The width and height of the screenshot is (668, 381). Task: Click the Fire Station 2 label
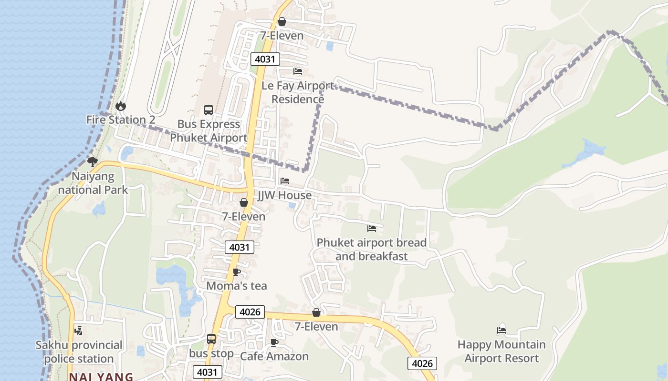(x=121, y=120)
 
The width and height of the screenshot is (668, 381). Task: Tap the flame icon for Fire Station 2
(x=121, y=106)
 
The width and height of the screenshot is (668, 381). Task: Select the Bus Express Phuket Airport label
(x=209, y=131)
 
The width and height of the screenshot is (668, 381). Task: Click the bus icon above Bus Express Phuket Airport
(x=209, y=110)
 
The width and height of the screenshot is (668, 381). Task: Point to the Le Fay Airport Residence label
(x=298, y=92)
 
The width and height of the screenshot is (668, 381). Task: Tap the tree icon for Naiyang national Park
(x=93, y=162)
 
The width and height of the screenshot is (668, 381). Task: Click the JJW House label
(x=284, y=195)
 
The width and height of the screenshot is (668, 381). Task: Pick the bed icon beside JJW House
(x=285, y=181)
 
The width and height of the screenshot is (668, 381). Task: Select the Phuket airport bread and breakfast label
(x=372, y=249)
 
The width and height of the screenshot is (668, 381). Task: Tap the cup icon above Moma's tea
(x=236, y=272)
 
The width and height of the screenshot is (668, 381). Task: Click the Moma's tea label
(x=236, y=286)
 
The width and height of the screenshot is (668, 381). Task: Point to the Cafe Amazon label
(x=274, y=356)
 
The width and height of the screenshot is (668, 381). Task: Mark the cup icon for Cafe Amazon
(x=274, y=342)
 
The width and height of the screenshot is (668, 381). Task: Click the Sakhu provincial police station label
(x=79, y=351)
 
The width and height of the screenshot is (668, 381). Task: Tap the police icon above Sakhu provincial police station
(x=79, y=331)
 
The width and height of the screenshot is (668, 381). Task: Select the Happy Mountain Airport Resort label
(x=501, y=351)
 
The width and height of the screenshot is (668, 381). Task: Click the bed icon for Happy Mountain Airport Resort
(x=501, y=330)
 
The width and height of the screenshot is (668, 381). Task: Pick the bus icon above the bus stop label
(x=211, y=339)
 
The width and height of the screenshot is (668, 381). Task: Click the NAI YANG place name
(x=101, y=377)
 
